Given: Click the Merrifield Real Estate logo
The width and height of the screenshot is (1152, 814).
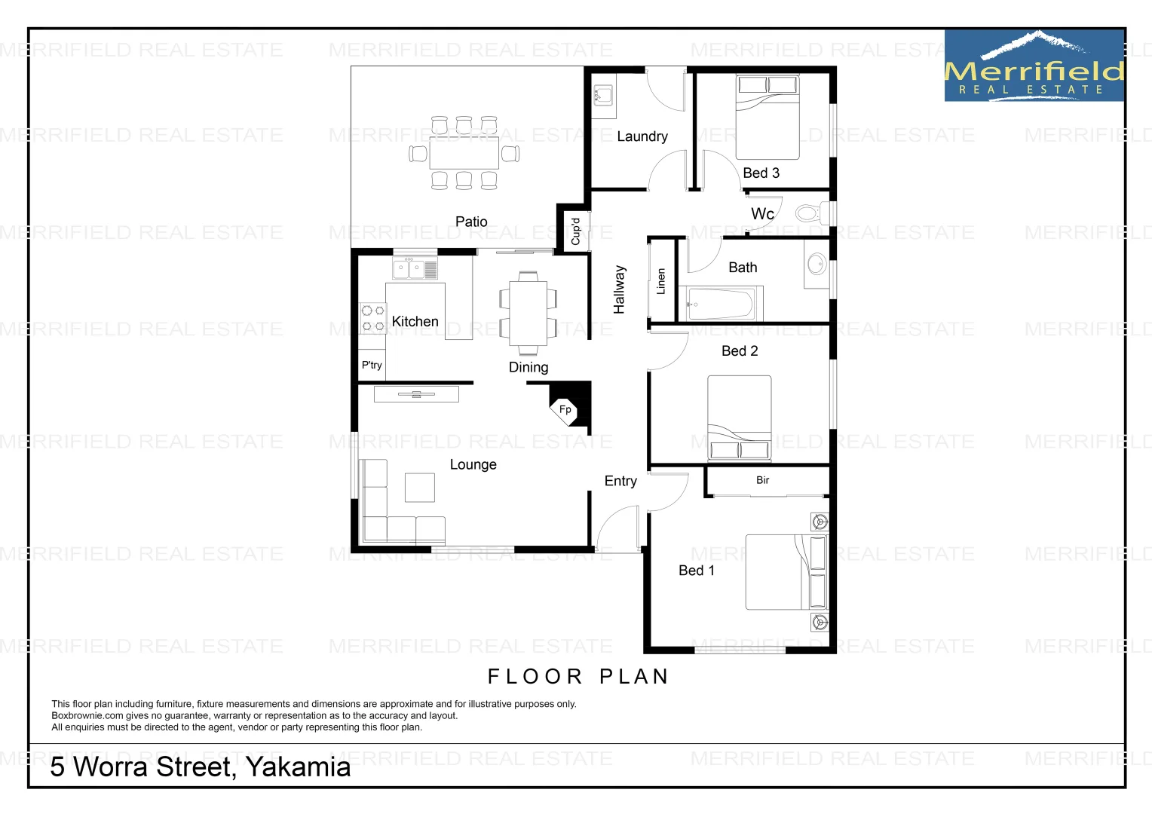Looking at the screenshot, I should pyautogui.click(x=1034, y=66).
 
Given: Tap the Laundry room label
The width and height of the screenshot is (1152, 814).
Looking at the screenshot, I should pyautogui.click(x=642, y=136).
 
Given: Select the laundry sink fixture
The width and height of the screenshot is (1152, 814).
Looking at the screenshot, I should pyautogui.click(x=602, y=96).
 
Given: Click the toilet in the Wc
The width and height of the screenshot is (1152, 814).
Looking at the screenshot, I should pyautogui.click(x=810, y=213).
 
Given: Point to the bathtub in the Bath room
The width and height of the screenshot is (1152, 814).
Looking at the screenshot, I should pyautogui.click(x=720, y=304).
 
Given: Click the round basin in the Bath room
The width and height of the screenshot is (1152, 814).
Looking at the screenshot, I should pyautogui.click(x=817, y=264).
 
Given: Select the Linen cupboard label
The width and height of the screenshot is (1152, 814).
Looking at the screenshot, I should pyautogui.click(x=661, y=280).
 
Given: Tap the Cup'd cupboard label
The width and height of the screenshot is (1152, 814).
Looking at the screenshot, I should pyautogui.click(x=575, y=231).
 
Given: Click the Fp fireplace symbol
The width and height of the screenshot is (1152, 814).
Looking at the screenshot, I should pyautogui.click(x=565, y=409).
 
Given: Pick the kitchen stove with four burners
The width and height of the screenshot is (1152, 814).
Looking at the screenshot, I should pyautogui.click(x=372, y=318).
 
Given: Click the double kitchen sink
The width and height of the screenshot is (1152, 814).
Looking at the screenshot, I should pyautogui.click(x=415, y=268).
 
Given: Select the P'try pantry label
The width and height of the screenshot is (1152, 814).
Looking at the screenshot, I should pyautogui.click(x=372, y=365).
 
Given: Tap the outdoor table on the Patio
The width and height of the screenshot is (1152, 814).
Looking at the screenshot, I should pyautogui.click(x=464, y=153).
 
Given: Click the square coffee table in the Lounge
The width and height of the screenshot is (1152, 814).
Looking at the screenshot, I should pyautogui.click(x=420, y=487).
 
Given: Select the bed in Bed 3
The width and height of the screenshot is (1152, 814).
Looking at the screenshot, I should pyautogui.click(x=767, y=117).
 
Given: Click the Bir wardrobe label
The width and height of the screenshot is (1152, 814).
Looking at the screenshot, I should pyautogui.click(x=763, y=480).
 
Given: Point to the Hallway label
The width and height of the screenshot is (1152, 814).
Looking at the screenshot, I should pyautogui.click(x=619, y=289).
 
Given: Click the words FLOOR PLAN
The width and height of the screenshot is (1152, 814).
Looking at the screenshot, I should pyautogui.click(x=578, y=676).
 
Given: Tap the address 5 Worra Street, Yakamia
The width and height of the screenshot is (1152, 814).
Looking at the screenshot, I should pyautogui.click(x=201, y=767).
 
